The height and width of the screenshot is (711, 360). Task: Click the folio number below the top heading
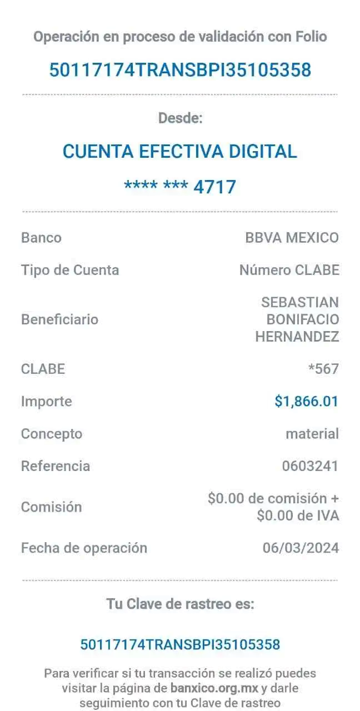(x=180, y=71)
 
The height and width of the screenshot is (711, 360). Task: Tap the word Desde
(x=181, y=118)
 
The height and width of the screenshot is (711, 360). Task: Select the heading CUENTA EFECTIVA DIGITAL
(x=180, y=151)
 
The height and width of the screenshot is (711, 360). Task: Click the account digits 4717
(x=215, y=187)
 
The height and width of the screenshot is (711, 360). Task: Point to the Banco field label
(x=41, y=238)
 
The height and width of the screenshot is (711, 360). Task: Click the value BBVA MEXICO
(x=292, y=238)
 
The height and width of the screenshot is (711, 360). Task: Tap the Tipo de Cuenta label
(x=70, y=271)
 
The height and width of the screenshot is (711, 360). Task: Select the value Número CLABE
(x=289, y=271)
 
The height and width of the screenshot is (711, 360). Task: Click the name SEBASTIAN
(x=300, y=302)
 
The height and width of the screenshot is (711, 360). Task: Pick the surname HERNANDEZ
(x=297, y=336)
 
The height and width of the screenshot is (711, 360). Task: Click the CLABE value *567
(x=323, y=368)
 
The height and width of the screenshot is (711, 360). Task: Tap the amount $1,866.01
(x=306, y=401)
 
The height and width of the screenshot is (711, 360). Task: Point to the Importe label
(x=47, y=401)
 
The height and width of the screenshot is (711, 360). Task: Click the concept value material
(x=312, y=434)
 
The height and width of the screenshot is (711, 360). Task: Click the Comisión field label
(x=52, y=507)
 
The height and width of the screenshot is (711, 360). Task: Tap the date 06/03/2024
(x=301, y=548)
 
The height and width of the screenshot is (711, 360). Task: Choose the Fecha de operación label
(x=84, y=548)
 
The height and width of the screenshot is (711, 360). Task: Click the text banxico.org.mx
(x=214, y=688)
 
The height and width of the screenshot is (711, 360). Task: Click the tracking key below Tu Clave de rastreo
(x=180, y=645)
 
